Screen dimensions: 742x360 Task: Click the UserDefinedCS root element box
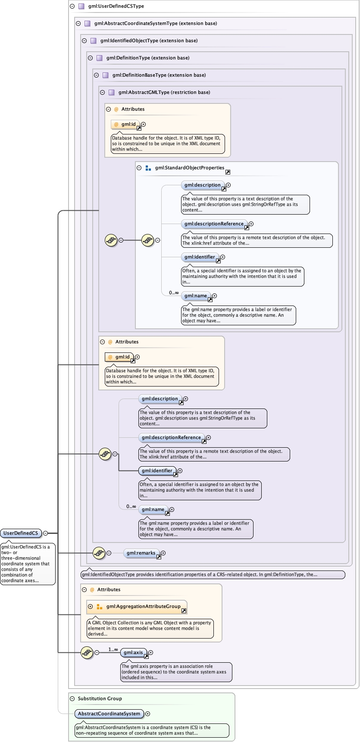[x=21, y=533]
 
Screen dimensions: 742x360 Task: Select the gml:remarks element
[x=141, y=553]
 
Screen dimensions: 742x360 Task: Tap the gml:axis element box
[x=133, y=652]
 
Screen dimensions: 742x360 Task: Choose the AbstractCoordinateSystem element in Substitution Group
[x=109, y=714]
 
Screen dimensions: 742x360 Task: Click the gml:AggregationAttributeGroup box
[x=143, y=606]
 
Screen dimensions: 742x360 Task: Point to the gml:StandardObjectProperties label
[x=190, y=168]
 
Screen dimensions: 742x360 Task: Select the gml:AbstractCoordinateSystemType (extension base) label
[x=156, y=23]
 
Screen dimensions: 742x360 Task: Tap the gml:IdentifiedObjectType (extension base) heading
[x=149, y=41]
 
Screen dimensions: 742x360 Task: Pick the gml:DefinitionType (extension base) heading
[x=148, y=58]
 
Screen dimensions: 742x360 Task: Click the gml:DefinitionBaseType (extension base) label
[x=159, y=75]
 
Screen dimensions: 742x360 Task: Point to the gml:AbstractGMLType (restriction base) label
[x=164, y=92]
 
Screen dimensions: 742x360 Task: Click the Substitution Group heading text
[x=100, y=698]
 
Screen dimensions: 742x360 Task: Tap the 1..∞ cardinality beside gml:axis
[x=113, y=649]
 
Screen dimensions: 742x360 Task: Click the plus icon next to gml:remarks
[x=163, y=553]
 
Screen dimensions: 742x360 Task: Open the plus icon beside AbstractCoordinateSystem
[x=147, y=714]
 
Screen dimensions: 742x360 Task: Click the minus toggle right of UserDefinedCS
[x=45, y=533]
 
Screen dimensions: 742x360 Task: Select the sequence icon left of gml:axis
[x=87, y=652]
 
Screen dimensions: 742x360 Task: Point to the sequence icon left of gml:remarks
[x=99, y=553]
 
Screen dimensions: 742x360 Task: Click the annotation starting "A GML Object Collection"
[x=150, y=628]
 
